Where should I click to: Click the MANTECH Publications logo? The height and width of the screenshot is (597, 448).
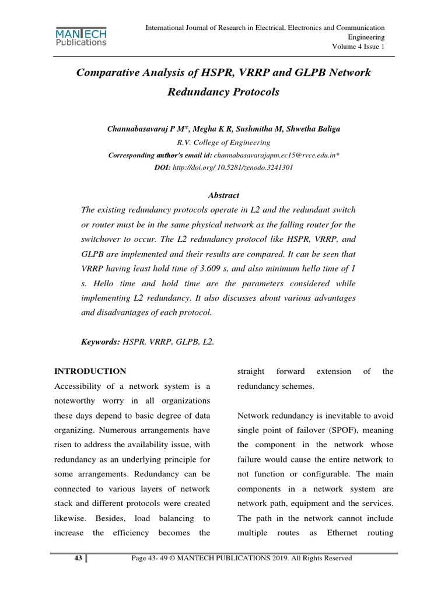click(x=81, y=36)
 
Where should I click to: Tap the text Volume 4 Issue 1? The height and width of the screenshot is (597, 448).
click(x=358, y=47)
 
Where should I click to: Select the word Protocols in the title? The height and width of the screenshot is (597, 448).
click(x=247, y=92)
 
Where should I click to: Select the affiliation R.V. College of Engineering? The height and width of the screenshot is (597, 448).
click(x=223, y=142)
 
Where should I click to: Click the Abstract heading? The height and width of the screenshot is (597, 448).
click(x=223, y=195)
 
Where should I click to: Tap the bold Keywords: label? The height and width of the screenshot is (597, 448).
click(x=100, y=342)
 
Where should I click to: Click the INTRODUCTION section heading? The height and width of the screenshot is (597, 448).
click(x=90, y=371)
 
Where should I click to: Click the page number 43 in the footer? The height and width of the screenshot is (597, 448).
click(x=77, y=559)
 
